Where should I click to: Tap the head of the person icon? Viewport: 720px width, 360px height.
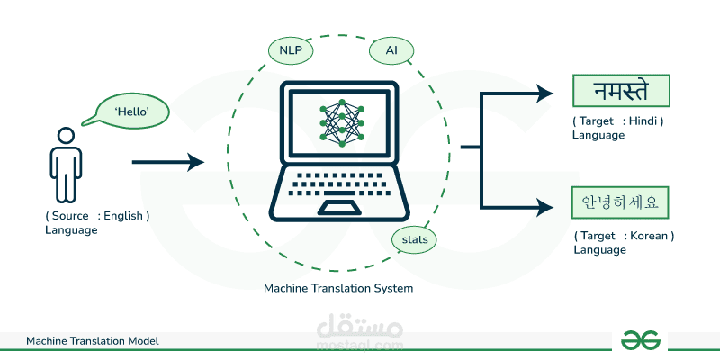point(66,136)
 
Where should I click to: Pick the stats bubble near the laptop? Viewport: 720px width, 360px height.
point(415,239)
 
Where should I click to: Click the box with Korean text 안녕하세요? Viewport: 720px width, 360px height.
point(622,202)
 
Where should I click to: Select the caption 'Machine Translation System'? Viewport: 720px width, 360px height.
point(338,289)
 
